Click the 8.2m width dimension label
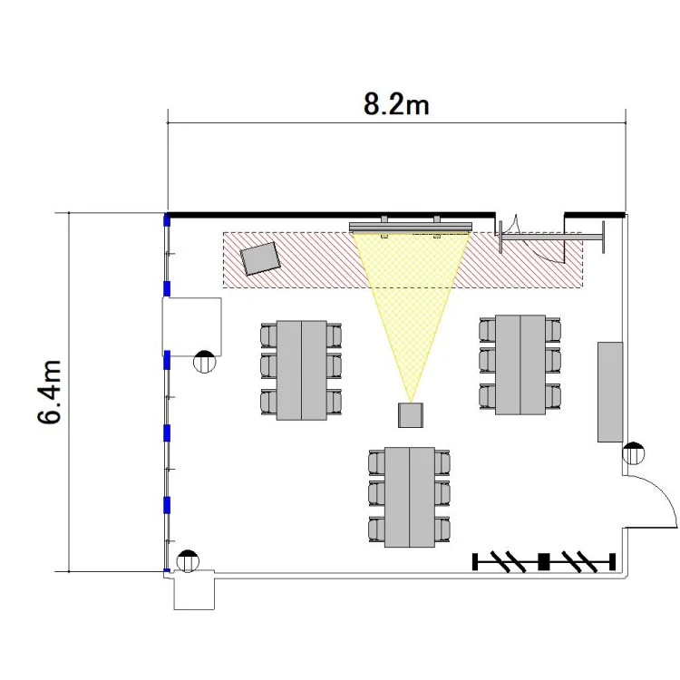tap(396, 105)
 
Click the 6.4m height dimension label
tap(49, 392)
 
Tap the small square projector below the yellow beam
tap(410, 415)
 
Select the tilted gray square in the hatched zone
tap(260, 258)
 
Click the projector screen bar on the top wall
tap(410, 227)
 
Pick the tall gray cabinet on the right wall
tap(610, 392)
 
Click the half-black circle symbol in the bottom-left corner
tap(188, 561)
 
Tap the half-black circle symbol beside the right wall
tap(633, 453)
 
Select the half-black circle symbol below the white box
tap(204, 361)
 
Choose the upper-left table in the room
tap(301, 370)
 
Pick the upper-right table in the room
tap(520, 364)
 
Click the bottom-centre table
tap(410, 497)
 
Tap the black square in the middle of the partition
tap(543, 561)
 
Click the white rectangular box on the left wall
tap(191, 326)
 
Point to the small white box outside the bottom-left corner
tap(194, 590)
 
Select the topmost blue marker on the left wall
tap(166, 219)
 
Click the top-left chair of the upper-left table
tap(268, 335)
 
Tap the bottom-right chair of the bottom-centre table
tap(442, 529)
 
